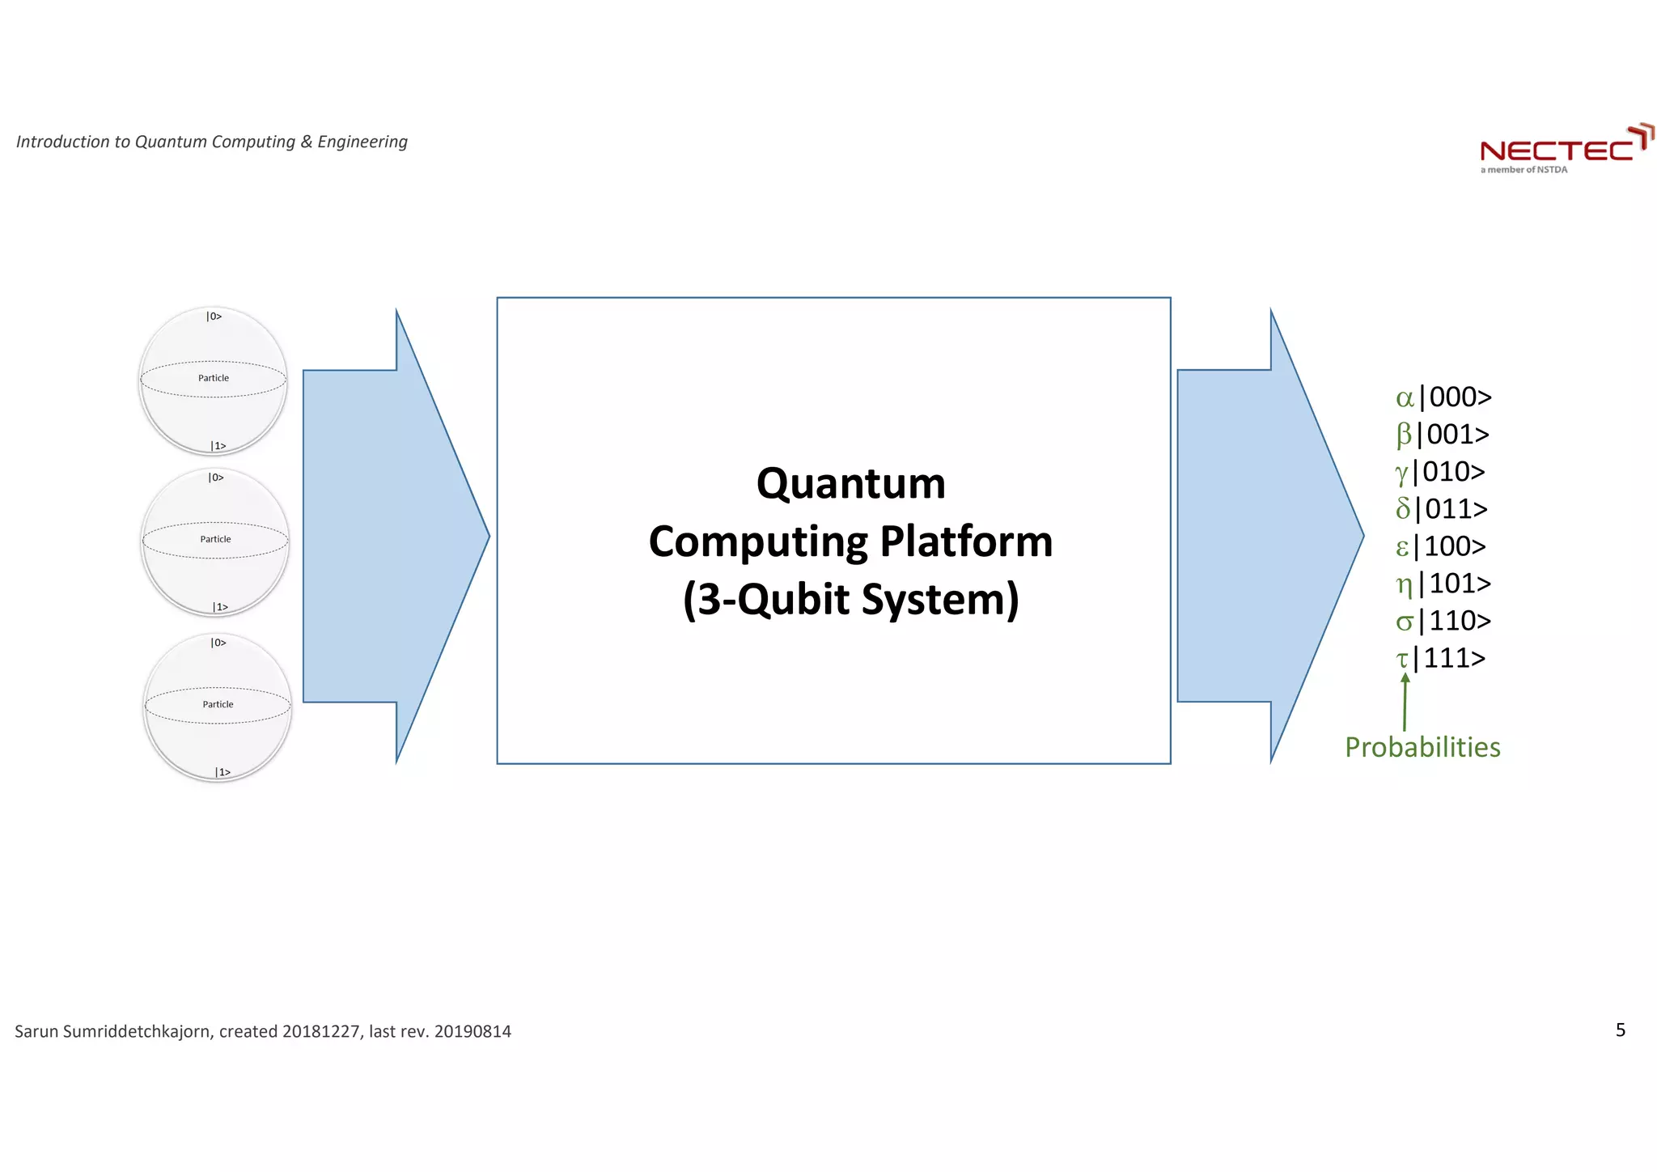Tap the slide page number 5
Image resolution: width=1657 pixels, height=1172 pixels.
point(1620,1030)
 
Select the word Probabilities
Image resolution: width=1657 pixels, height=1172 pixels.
point(1422,746)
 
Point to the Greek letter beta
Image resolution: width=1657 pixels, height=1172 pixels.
point(1404,435)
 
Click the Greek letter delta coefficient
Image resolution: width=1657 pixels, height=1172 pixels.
point(1403,508)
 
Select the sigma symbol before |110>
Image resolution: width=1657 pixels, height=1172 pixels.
point(1405,621)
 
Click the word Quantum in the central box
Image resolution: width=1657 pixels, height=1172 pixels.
point(850,483)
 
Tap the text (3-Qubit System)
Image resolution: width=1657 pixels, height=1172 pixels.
point(850,600)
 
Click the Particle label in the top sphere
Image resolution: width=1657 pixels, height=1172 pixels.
point(214,378)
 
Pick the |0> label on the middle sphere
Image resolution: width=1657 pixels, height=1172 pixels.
point(216,478)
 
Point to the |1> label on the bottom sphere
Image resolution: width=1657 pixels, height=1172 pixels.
point(222,772)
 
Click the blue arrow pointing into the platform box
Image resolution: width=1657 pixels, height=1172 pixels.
point(388,536)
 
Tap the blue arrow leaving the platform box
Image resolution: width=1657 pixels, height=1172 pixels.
point(1262,536)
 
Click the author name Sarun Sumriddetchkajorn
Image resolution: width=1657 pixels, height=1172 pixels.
point(113,1031)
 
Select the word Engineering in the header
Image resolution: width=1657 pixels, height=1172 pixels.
point(362,142)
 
